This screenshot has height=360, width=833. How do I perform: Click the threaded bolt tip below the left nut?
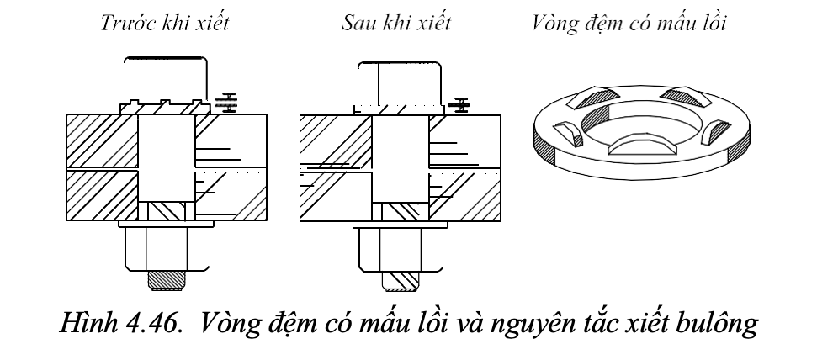point(167,278)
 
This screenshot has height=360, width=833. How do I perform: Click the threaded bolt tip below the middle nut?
point(401,278)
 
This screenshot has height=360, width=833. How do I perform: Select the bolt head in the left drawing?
point(165,80)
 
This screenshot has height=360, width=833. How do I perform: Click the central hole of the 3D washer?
point(639,126)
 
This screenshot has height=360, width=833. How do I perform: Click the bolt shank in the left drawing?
point(165,160)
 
